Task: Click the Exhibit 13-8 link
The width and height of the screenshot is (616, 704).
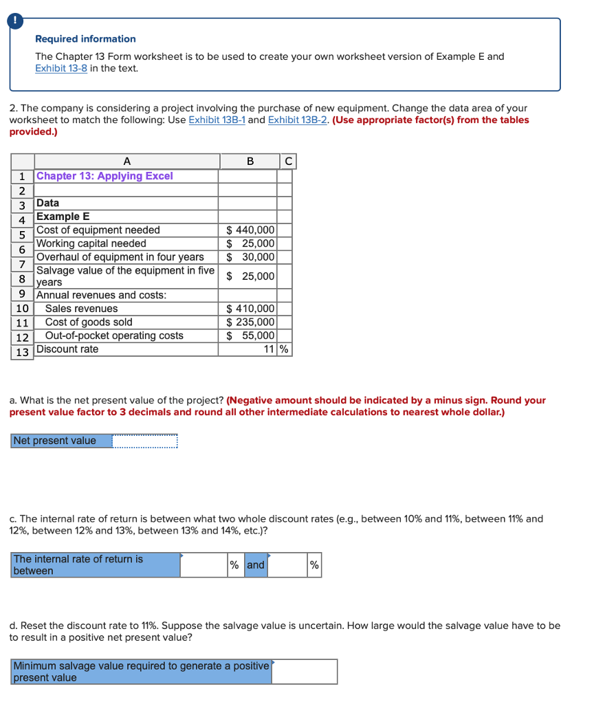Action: point(61,68)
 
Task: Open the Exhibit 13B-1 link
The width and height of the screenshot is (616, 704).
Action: point(217,120)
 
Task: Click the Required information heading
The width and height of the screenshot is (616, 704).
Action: point(85,39)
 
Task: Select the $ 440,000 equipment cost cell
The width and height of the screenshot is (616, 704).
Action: point(251,230)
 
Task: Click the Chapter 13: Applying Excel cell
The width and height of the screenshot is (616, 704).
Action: point(104,176)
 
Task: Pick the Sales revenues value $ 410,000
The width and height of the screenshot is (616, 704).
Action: point(251,309)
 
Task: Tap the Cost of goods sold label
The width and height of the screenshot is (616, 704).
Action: point(89,322)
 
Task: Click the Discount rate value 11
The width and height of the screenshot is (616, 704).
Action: point(269,349)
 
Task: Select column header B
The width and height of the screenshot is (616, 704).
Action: point(250,161)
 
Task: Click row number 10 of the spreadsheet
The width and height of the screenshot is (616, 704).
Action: point(22,309)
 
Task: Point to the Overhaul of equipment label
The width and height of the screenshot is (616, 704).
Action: point(120,256)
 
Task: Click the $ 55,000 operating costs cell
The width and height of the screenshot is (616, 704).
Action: point(251,335)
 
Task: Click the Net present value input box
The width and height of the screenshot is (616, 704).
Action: point(145,441)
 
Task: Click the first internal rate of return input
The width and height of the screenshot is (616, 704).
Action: point(203,565)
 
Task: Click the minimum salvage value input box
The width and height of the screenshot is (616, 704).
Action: point(304,672)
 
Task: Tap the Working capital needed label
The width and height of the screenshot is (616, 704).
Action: point(91,243)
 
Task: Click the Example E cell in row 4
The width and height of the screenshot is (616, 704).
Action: point(63,217)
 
